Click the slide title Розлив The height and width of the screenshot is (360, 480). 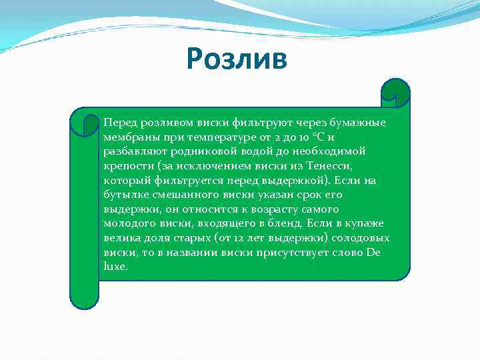point(237,58)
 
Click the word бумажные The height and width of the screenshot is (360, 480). point(360,123)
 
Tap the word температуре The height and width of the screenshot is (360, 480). point(217,137)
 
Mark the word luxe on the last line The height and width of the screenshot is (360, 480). point(114,266)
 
